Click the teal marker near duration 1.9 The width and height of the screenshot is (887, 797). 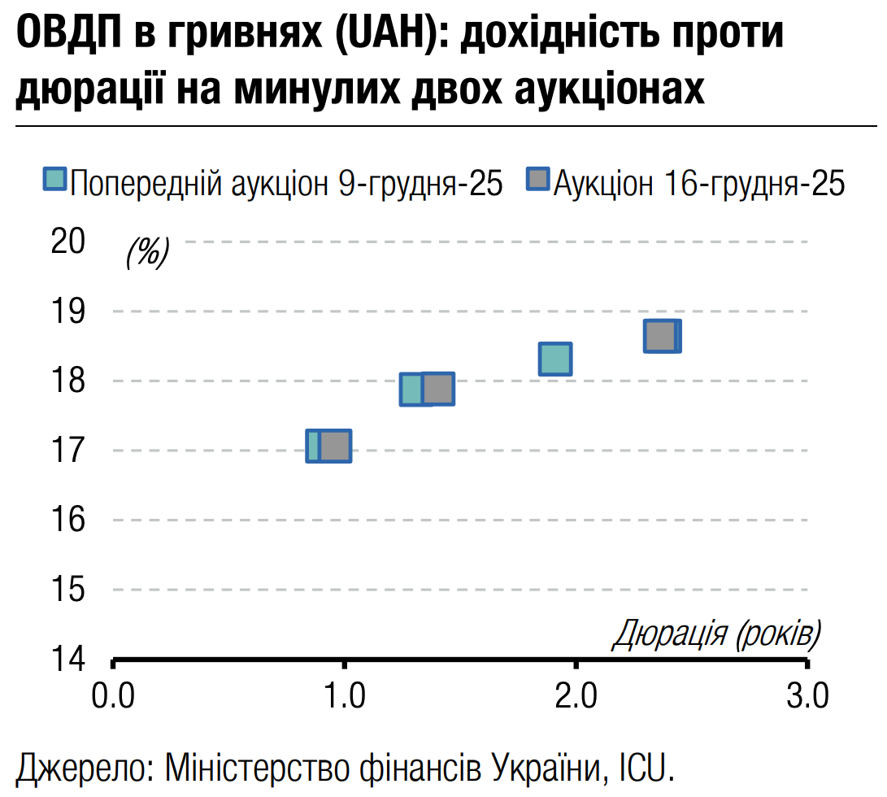[x=555, y=359]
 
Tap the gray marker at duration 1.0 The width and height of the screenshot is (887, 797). [x=334, y=446]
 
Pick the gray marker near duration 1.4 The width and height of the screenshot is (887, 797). [x=437, y=389]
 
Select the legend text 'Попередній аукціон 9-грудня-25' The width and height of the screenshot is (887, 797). [x=286, y=183]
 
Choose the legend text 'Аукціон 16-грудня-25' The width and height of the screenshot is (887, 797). [x=699, y=183]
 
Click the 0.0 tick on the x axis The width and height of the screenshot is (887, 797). [x=113, y=696]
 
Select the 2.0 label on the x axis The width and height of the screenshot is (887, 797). [x=576, y=696]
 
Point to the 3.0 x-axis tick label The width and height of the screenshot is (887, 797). [x=807, y=696]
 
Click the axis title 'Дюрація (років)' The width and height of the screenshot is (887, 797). [x=715, y=634]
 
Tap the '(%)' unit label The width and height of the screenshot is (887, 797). [x=147, y=253]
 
